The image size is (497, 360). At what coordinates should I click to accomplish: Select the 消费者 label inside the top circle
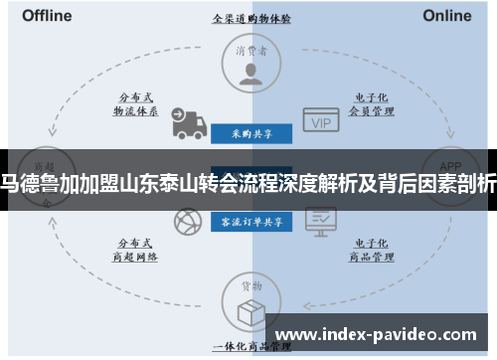249,51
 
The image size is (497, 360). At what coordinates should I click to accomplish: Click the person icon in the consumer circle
249,73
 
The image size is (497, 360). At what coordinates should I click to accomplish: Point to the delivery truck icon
186,122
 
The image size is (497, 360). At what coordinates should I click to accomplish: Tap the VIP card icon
320,120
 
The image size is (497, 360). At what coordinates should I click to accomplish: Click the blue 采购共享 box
249,132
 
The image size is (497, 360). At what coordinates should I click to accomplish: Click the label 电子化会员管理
366,104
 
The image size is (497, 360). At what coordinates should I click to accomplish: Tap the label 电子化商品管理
366,249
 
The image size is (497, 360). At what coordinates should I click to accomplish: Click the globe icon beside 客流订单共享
186,222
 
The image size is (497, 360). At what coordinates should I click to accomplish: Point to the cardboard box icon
249,310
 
